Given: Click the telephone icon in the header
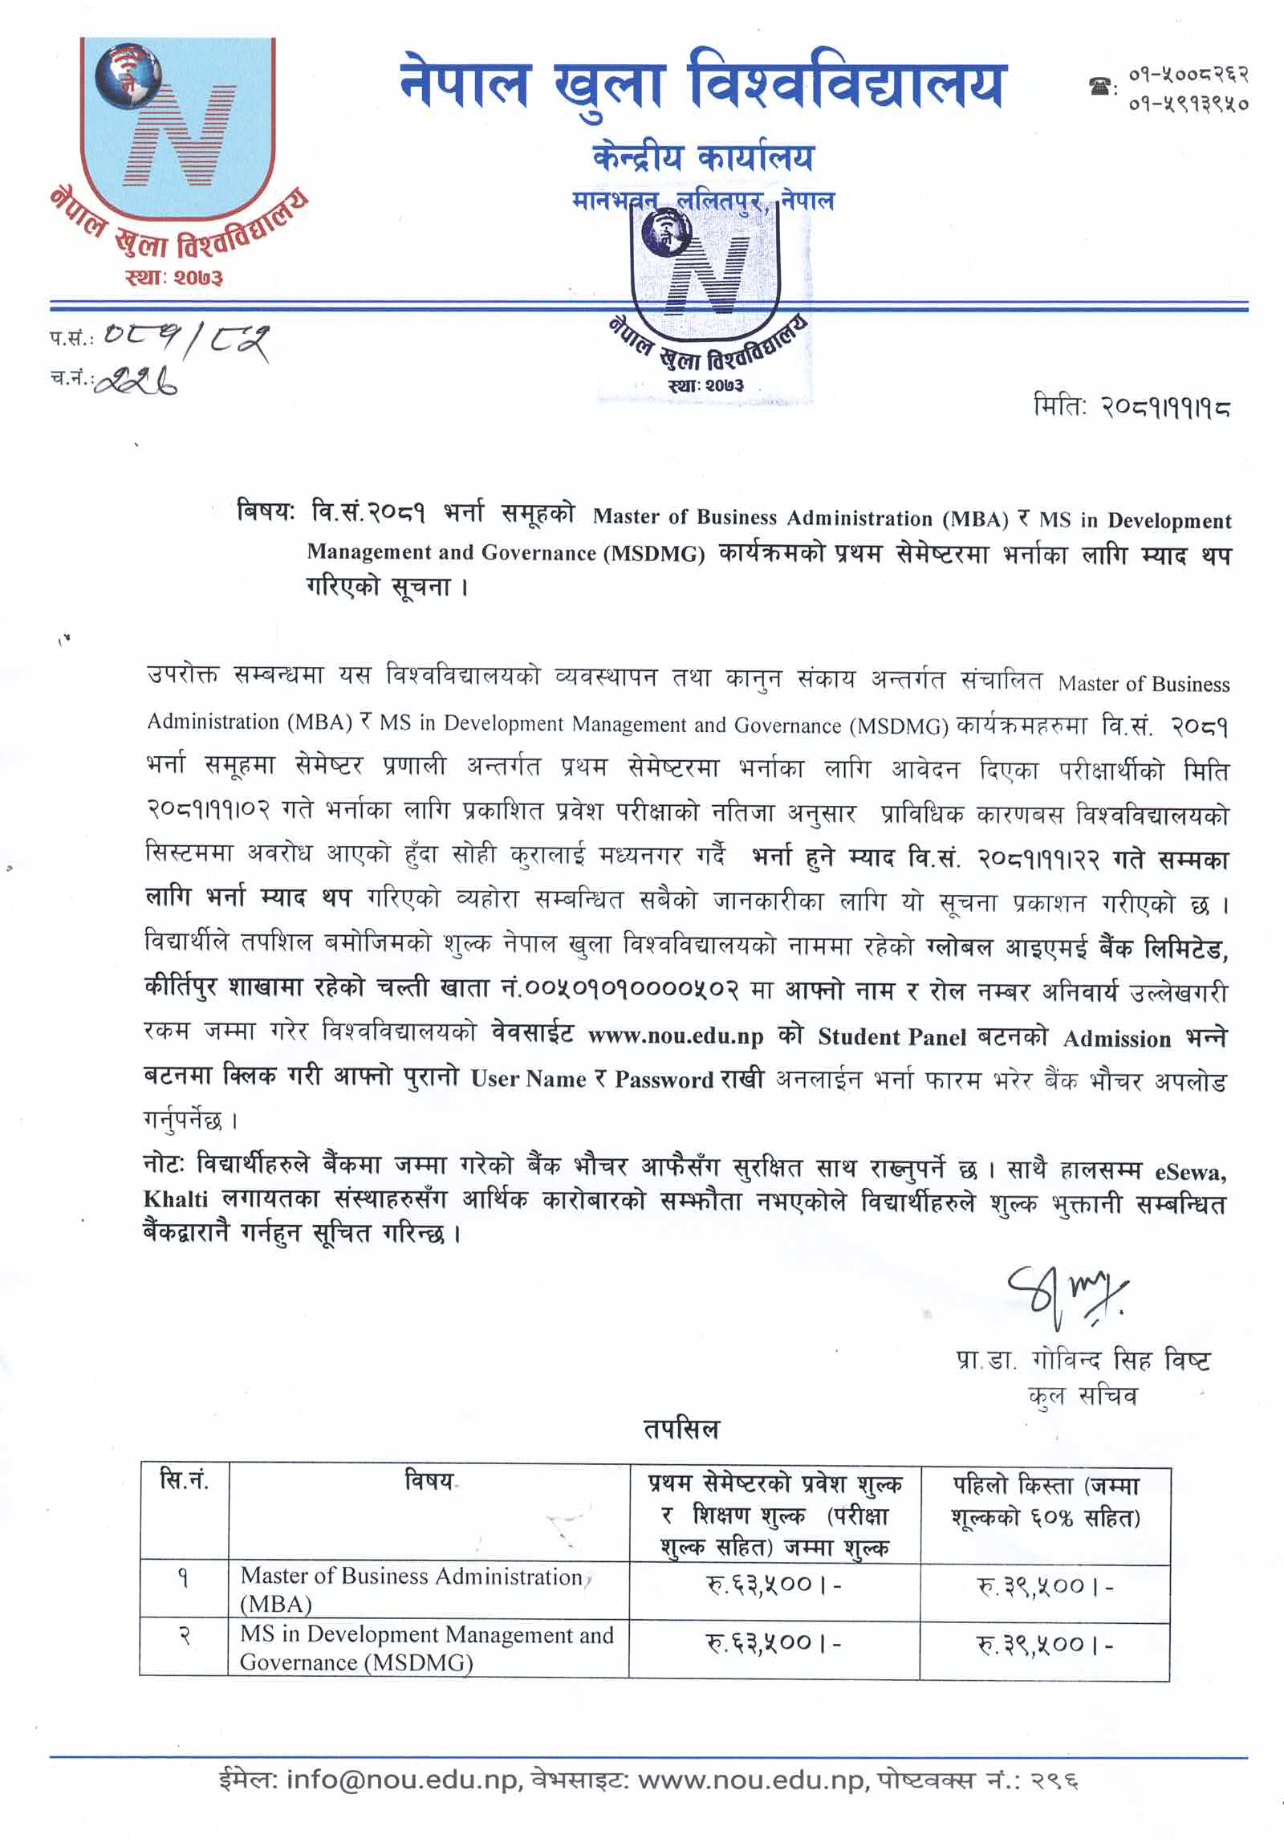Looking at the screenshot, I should click(1099, 87).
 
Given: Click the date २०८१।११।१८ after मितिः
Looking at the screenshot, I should click(1164, 407).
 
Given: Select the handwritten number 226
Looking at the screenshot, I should click(136, 384).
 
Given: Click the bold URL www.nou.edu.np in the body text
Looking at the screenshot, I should click(676, 1036).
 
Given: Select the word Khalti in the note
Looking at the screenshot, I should click(176, 1199).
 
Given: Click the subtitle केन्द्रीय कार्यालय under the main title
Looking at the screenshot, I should click(703, 158).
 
